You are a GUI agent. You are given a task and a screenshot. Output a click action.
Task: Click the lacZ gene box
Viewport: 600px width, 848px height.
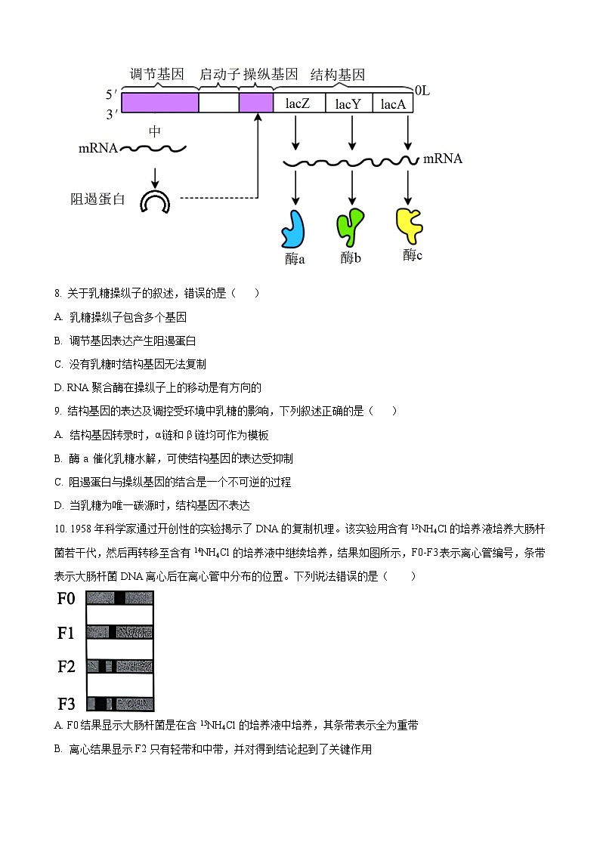coord(298,103)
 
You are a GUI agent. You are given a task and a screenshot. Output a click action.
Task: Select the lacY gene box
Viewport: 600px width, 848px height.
coord(348,103)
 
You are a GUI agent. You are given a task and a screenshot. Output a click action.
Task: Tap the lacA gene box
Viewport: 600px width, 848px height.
coord(393,103)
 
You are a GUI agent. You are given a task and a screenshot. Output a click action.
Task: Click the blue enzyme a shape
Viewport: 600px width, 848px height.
coord(293,228)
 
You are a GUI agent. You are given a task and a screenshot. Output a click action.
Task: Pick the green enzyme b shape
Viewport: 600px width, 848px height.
coord(349,227)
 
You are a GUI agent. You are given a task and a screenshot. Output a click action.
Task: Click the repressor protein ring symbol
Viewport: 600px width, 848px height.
coord(155,202)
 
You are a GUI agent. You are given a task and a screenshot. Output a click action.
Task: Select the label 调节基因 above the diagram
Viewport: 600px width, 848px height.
coord(157,75)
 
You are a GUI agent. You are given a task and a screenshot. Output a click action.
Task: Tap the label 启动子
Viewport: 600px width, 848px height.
coord(218,75)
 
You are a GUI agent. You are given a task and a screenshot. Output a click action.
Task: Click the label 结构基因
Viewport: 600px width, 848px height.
coord(338,75)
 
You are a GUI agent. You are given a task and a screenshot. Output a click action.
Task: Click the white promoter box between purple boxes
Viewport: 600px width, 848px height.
coord(218,103)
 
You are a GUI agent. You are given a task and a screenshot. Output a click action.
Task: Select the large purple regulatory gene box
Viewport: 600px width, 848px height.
coord(159,103)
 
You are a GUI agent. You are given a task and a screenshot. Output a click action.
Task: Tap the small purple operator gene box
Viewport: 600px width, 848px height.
coord(255,103)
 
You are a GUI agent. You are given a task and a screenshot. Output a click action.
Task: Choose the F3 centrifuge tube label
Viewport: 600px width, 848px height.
coord(66,704)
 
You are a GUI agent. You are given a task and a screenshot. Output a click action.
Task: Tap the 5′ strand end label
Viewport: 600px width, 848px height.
coord(111,95)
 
